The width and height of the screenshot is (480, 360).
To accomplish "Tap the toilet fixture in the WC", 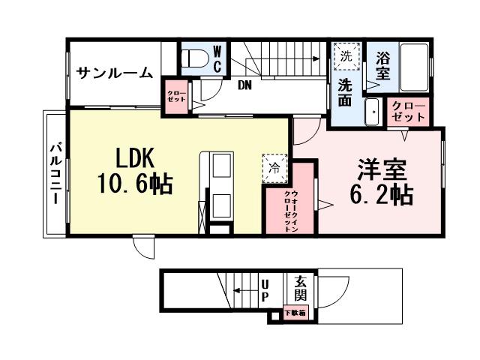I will coord(197,58).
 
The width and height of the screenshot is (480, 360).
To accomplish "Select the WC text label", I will coord(217,59).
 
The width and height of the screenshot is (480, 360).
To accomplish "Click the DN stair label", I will coord(244,85).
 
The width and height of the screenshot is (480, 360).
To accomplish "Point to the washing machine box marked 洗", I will coord(346,55).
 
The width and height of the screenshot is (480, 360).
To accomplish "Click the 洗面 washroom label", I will coord(345,90).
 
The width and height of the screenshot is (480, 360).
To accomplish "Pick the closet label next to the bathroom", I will coord(409,112).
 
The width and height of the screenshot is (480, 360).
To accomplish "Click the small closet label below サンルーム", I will coord(178,96).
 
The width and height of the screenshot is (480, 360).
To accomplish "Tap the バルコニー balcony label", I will coord(55,173).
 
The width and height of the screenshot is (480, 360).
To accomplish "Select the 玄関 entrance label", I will coord(301,290).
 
